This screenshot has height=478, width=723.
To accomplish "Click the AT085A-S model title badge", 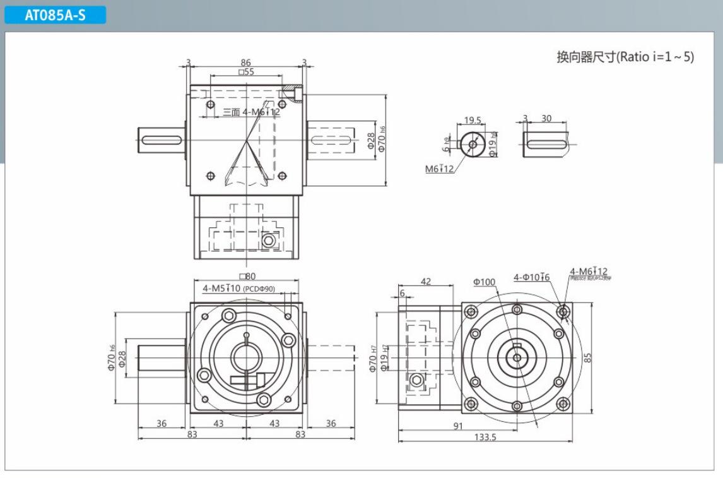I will click(55, 16).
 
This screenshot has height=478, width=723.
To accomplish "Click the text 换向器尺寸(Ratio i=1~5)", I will click(625, 57).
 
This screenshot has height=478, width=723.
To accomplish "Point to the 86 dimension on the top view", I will click(245, 63).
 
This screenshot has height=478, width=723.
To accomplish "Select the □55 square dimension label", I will click(246, 72).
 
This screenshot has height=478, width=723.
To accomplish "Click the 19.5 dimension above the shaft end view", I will click(473, 120).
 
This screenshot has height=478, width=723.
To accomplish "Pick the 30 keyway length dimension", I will click(546, 119).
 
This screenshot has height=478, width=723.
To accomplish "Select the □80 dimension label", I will click(246, 276).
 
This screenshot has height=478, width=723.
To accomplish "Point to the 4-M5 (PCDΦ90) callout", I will click(238, 289).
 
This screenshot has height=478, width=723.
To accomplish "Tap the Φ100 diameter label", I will click(484, 282).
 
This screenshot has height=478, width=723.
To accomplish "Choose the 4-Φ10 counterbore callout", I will click(531, 277).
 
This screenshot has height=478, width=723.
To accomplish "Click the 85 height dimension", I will click(587, 357).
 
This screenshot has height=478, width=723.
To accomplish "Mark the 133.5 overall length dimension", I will click(485, 437).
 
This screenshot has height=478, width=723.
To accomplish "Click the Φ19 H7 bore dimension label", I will click(384, 357).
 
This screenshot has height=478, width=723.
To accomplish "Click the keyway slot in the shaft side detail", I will click(546, 144).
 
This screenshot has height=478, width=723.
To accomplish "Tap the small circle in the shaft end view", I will click(473, 144).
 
